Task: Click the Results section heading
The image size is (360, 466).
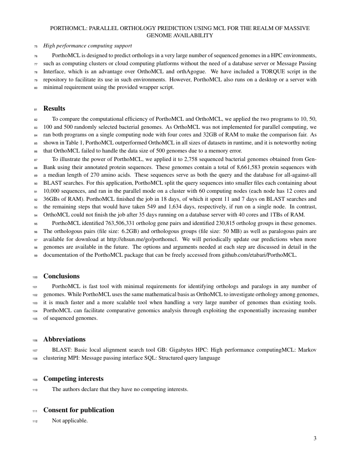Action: coord(54,109)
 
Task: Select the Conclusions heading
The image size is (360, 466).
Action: coord(61,276)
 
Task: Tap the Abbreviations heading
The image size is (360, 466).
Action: coord(64,339)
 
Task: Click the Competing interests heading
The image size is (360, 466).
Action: coord(73,379)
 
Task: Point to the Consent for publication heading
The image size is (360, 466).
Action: coord(79,410)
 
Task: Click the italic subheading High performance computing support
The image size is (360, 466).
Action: coord(88,46)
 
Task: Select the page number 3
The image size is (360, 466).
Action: coord(315,438)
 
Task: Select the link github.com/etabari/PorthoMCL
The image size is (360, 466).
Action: coord(260,255)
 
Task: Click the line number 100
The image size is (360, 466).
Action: coord(35,277)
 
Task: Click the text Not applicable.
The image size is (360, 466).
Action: coord(70,421)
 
